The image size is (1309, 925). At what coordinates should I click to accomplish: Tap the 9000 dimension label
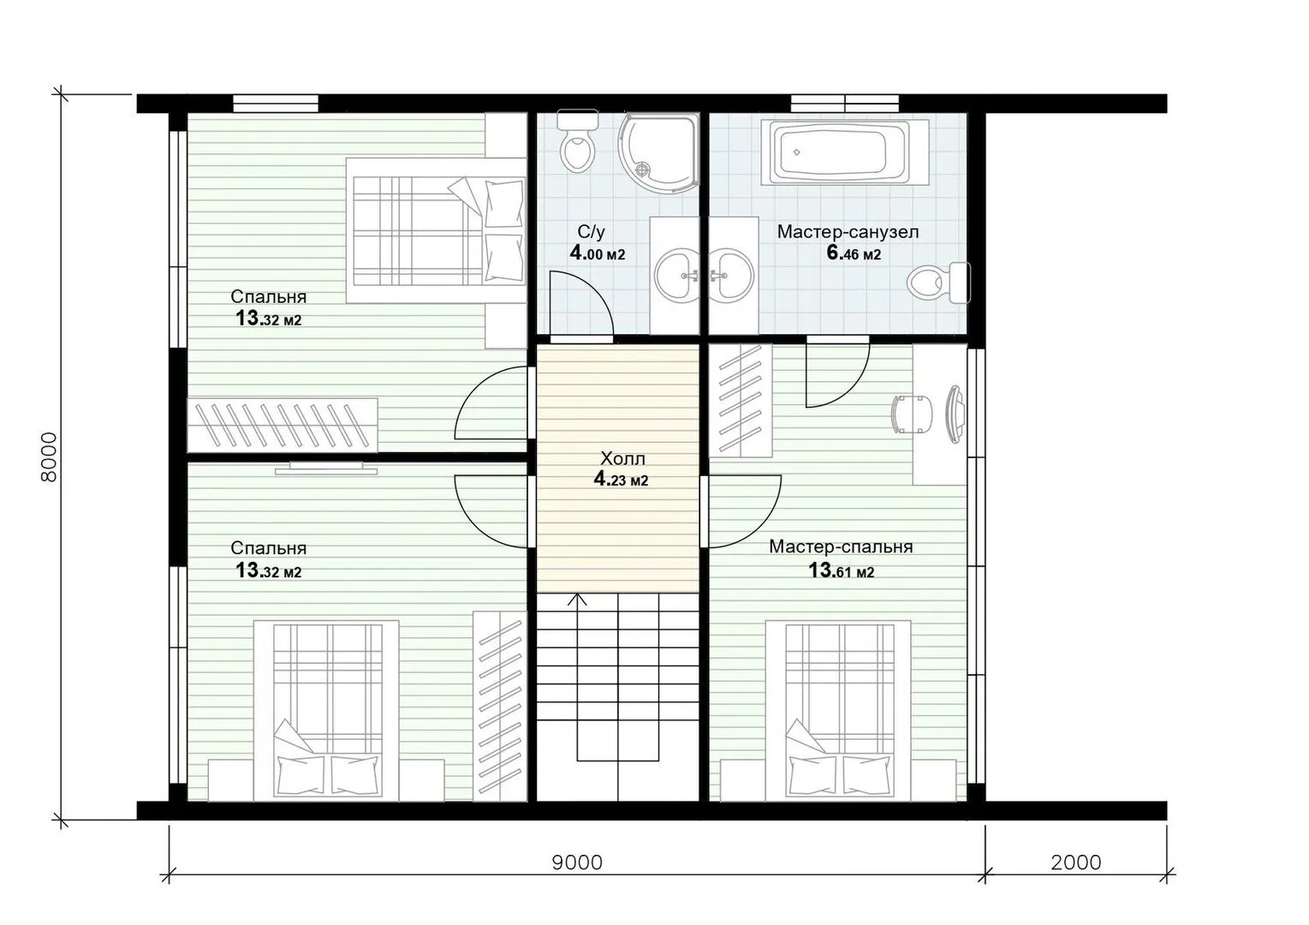pyautogui.click(x=577, y=862)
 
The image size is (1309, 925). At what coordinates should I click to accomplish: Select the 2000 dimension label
pyautogui.click(x=1076, y=862)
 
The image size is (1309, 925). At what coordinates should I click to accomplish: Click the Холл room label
pyautogui.click(x=622, y=458)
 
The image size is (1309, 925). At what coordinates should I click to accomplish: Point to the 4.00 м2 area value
pyautogui.click(x=598, y=254)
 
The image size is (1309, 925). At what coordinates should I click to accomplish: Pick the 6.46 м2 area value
pyautogui.click(x=854, y=254)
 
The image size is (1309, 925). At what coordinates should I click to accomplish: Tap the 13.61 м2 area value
pyautogui.click(x=841, y=570)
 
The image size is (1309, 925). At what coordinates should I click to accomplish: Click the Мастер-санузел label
pyautogui.click(x=848, y=231)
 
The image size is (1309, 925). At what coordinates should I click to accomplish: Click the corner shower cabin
pyautogui.click(x=659, y=153)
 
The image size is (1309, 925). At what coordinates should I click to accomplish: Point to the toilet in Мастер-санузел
pyautogui.click(x=938, y=283)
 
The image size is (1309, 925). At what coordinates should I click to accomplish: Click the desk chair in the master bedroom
pyautogui.click(x=911, y=414)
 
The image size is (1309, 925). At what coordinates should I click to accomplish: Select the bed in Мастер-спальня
pyautogui.click(x=839, y=710)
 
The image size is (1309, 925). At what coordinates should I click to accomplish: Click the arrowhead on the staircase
pyautogui.click(x=578, y=600)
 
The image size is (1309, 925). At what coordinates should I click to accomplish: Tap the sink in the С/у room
pyautogui.click(x=676, y=275)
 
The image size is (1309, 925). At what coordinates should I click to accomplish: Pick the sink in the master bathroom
pyautogui.click(x=731, y=275)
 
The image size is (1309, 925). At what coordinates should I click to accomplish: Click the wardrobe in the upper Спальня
pyautogui.click(x=283, y=425)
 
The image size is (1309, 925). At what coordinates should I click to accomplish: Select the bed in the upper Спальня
pyautogui.click(x=436, y=230)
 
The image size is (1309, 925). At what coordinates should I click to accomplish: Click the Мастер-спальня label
pyautogui.click(x=841, y=546)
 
